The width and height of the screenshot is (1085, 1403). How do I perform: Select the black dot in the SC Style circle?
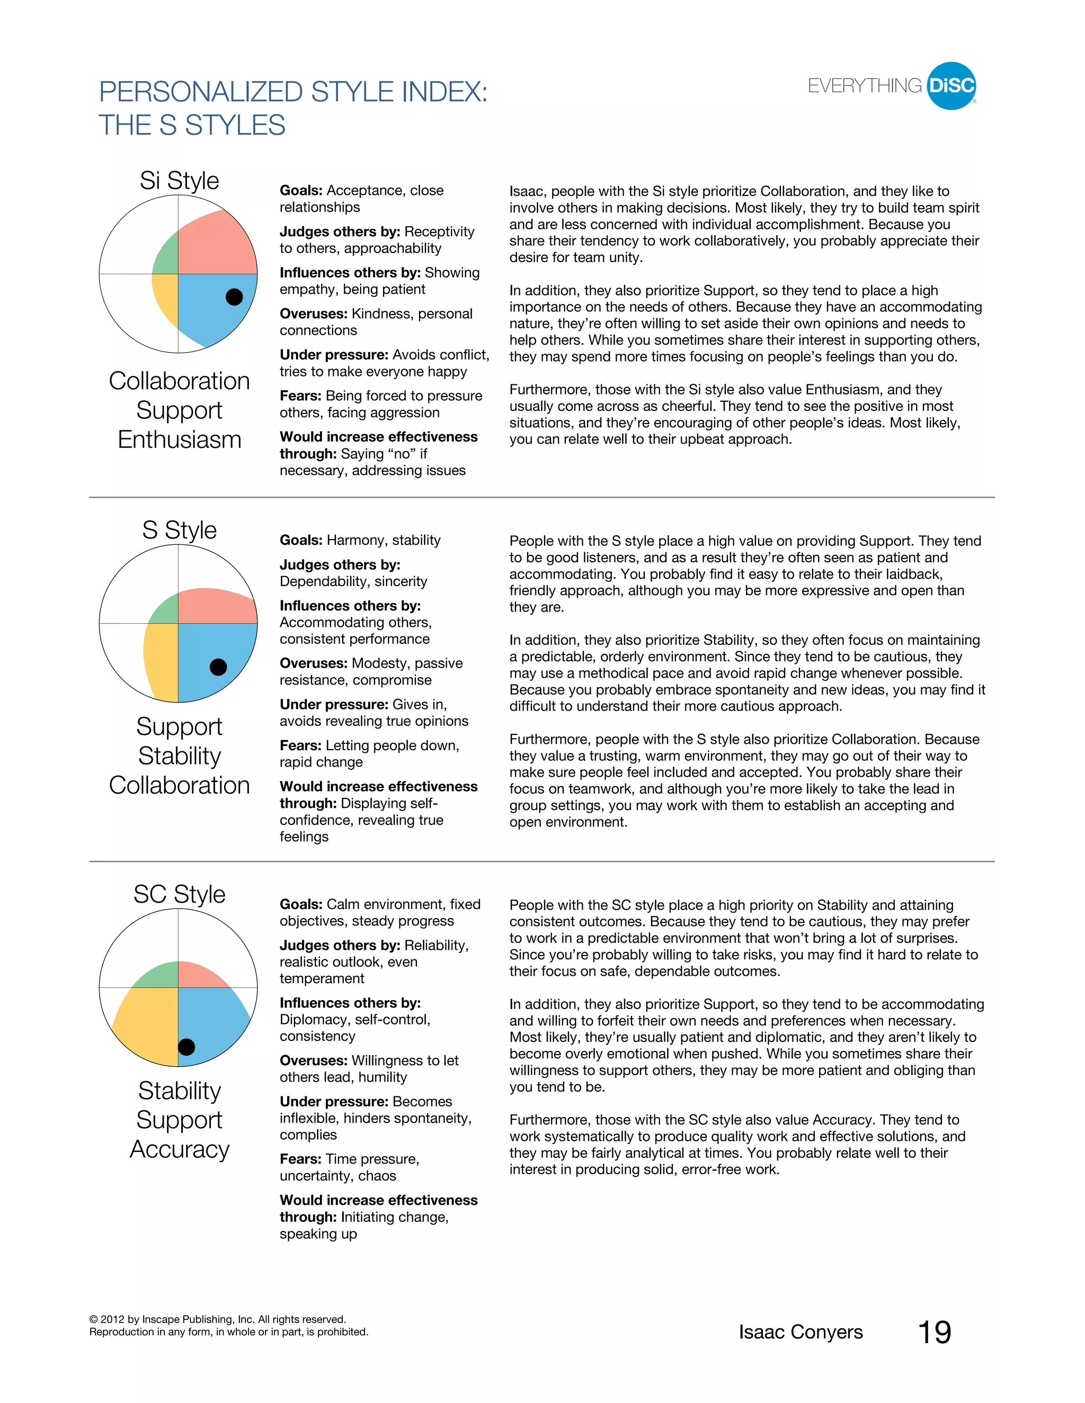coord(186,1047)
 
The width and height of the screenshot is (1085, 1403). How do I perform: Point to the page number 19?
coord(934,1332)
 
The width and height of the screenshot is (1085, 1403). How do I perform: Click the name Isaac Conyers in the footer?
coord(801,1332)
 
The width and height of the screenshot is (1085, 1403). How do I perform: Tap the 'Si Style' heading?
coord(180,181)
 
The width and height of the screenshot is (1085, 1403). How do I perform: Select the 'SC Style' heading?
coord(180,894)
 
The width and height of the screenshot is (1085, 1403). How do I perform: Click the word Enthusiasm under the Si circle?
coord(180,439)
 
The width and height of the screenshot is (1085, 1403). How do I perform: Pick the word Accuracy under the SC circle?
coord(180,1149)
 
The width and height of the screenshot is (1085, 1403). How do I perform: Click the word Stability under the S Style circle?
coord(180,756)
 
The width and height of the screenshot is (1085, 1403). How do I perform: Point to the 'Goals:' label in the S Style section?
coord(301,540)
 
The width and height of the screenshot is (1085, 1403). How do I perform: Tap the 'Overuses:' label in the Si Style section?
coord(313,313)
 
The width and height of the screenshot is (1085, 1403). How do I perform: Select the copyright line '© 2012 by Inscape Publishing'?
coord(217,1319)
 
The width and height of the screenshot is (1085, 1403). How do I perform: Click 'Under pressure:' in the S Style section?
coord(334,705)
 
